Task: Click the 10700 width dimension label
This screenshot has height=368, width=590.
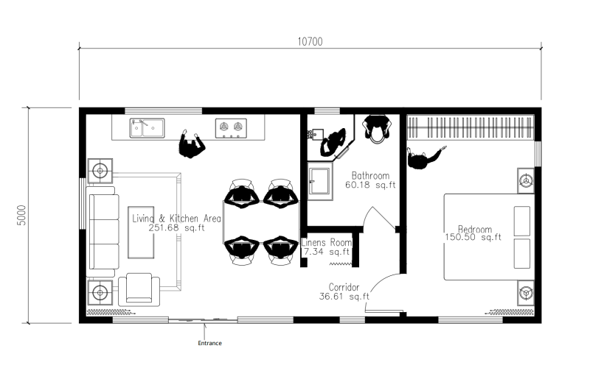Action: click(x=310, y=41)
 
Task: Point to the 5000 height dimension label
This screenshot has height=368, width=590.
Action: click(x=22, y=215)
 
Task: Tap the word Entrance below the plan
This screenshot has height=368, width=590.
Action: click(x=209, y=343)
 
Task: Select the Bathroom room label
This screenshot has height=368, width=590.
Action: click(x=370, y=175)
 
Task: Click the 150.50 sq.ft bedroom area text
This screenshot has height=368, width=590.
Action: click(x=473, y=237)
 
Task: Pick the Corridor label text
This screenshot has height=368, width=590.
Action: click(x=344, y=287)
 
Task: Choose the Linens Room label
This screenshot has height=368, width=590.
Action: click(x=327, y=242)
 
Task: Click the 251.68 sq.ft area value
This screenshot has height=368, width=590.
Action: click(x=176, y=228)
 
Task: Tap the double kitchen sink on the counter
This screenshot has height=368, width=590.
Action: click(x=147, y=128)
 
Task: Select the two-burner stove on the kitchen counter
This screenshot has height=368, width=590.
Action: click(x=231, y=128)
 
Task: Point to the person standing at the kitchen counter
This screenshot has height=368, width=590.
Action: click(x=192, y=144)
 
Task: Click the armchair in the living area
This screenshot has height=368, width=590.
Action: click(x=139, y=289)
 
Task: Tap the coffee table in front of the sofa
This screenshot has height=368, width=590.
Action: click(x=141, y=232)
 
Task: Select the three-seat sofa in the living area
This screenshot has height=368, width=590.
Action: click(x=103, y=232)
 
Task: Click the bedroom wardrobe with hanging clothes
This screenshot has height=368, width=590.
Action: click(x=471, y=127)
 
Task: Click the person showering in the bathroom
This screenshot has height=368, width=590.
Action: click(x=333, y=143)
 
